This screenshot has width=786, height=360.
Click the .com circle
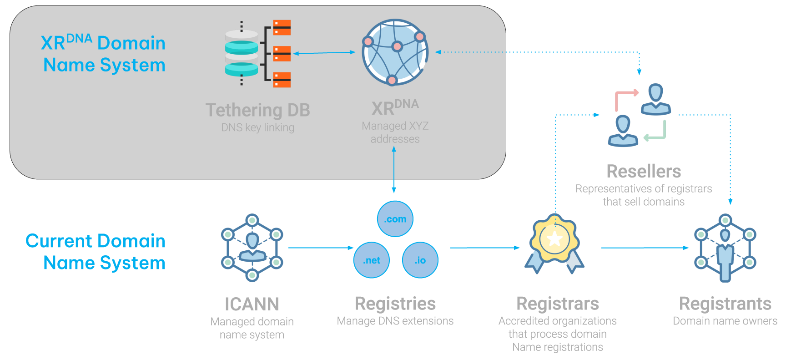(395, 219)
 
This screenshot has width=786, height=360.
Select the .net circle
(372, 260)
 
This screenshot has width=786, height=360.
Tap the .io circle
(420, 260)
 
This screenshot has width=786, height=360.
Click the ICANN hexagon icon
(252, 248)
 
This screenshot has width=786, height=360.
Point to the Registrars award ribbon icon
(554, 243)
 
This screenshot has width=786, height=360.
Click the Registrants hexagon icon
(725, 248)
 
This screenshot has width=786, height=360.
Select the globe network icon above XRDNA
(395, 52)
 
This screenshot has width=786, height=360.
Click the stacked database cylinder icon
(242, 53)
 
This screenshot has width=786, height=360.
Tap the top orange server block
(282, 27)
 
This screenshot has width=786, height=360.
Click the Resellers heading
(644, 172)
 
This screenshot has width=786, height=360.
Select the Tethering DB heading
(257, 110)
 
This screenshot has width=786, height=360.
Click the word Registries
(395, 304)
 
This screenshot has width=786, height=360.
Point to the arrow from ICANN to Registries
(321, 248)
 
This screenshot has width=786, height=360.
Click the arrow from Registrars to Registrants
(645, 248)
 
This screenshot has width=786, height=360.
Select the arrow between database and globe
(324, 53)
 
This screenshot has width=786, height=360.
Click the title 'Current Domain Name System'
(96, 252)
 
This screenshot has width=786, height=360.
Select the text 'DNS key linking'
(257, 127)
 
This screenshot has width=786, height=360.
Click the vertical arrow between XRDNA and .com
(394, 170)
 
